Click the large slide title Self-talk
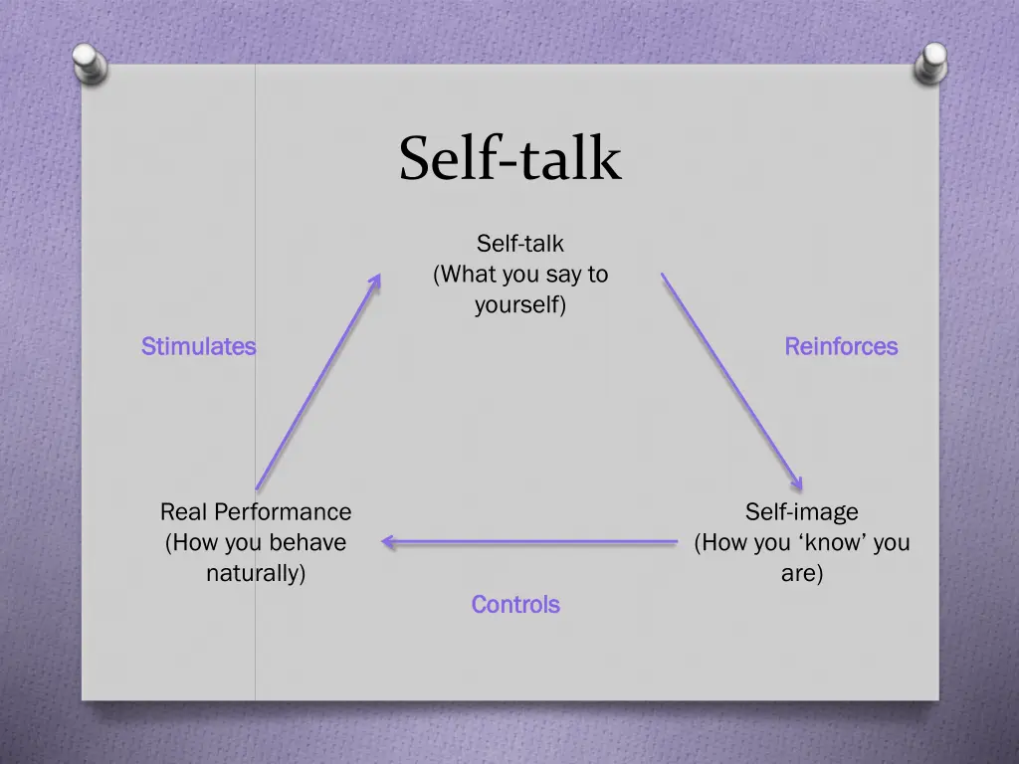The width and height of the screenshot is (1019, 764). tap(509, 159)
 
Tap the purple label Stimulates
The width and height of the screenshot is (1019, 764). tap(198, 347)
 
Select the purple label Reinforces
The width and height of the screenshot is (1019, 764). tap(841, 347)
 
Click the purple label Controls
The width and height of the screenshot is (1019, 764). tap(515, 605)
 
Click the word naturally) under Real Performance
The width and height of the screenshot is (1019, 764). tap(256, 574)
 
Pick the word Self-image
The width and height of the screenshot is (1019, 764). tap(801, 512)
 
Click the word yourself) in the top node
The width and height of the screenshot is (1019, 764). tap(519, 305)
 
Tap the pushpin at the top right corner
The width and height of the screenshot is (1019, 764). tap(930, 64)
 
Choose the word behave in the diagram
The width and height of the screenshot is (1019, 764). tap(312, 543)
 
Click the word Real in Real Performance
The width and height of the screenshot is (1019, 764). tap(182, 512)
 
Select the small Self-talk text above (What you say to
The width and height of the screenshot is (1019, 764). tap(519, 244)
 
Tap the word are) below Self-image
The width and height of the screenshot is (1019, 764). tap(801, 574)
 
